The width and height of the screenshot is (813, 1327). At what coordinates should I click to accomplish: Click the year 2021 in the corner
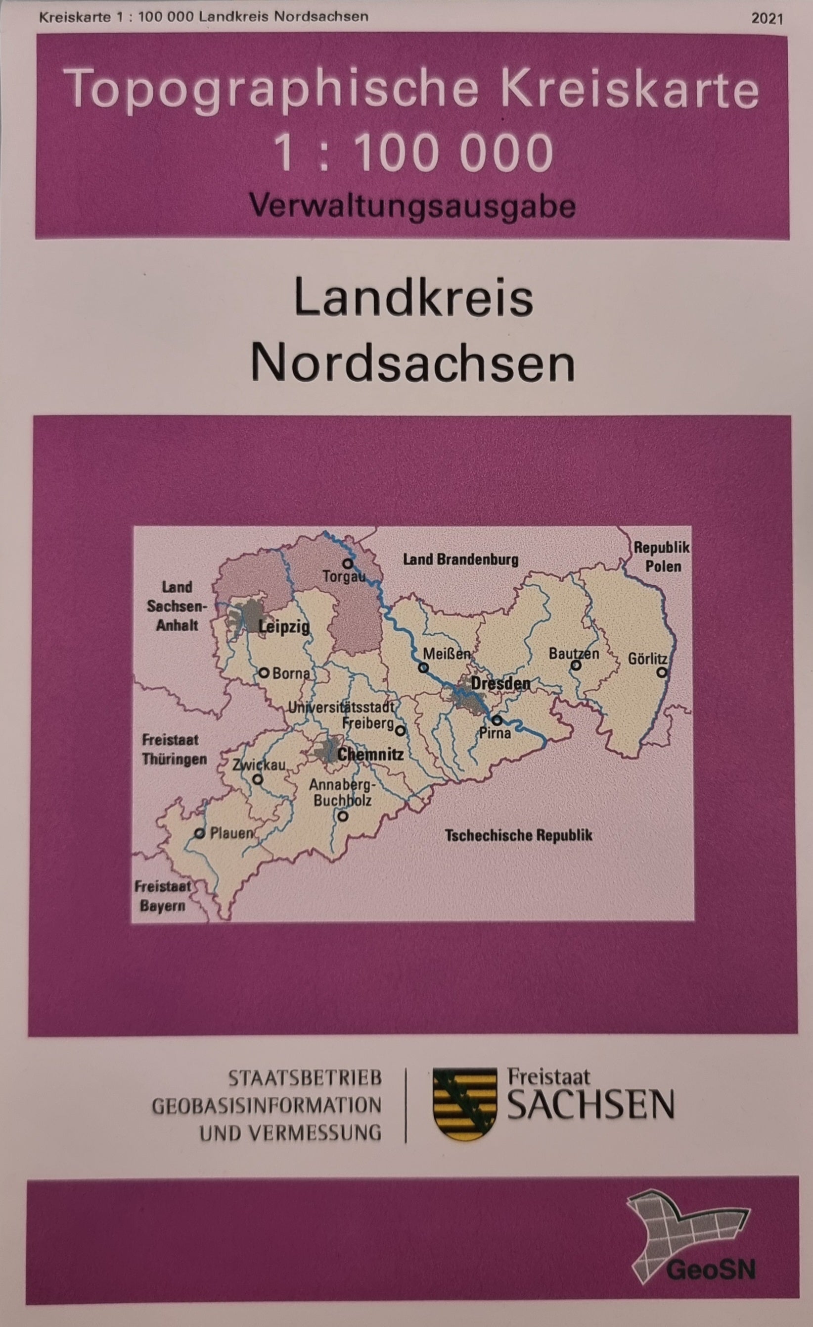767,19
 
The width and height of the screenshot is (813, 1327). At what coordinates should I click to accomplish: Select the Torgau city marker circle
348,563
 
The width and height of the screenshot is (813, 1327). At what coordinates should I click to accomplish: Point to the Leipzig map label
284,627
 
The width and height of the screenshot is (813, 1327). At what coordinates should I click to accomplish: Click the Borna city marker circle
264,672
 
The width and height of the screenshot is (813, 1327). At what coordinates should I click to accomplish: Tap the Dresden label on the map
500,684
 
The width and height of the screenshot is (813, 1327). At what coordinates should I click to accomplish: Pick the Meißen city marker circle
423,668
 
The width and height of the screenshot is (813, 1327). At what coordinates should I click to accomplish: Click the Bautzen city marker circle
576,665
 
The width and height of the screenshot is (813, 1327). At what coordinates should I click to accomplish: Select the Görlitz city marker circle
662,672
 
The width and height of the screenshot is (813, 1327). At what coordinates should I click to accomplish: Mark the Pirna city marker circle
497,720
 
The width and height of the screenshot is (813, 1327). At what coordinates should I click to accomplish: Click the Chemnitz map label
370,755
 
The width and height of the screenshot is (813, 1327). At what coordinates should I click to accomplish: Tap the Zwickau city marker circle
258,779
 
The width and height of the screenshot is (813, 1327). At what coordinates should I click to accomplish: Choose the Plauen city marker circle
200,833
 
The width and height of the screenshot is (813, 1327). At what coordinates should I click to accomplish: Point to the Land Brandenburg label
460,560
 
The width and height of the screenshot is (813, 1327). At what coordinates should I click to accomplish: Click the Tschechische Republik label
518,835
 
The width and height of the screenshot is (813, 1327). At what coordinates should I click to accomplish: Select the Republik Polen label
662,557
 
